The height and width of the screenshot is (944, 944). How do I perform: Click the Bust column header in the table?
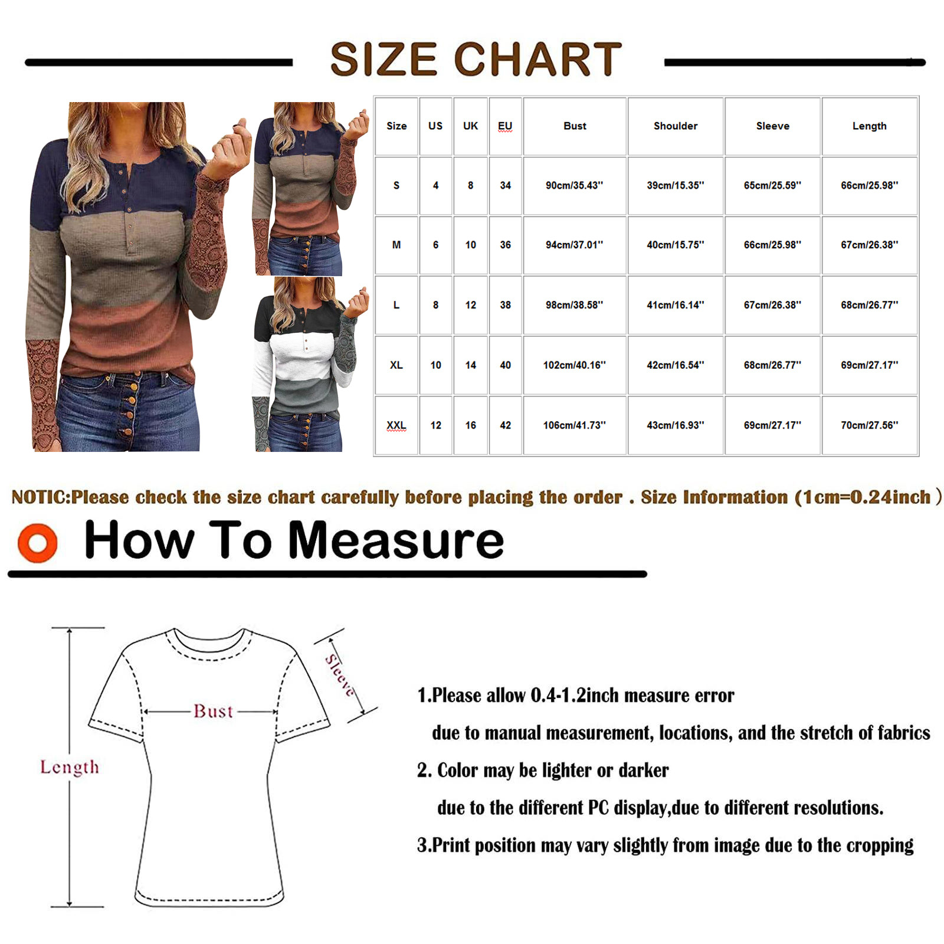point(575,126)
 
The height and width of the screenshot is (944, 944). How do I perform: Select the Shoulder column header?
point(676,126)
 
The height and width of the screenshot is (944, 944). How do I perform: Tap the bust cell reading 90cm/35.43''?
point(575,185)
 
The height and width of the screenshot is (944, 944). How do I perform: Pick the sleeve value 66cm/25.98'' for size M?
point(772,245)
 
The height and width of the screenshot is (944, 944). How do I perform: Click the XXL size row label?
point(396,425)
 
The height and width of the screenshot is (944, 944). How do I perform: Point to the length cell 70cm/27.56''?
point(870,425)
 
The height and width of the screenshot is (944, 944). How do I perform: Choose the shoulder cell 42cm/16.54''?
point(676,365)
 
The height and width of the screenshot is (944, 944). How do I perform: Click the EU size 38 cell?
point(506,305)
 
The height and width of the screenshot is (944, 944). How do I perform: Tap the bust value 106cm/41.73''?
point(575,425)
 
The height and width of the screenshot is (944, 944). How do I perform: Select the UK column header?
point(471,126)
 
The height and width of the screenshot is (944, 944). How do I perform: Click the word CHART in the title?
point(537,59)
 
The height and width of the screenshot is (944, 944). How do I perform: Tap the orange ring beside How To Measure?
point(38,542)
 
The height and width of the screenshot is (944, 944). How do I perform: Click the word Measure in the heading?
point(396,540)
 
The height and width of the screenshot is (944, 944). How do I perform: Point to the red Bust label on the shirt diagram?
point(214,712)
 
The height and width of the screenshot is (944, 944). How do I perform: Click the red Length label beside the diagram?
point(70,767)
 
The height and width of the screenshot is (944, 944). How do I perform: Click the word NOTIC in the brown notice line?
point(40,497)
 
